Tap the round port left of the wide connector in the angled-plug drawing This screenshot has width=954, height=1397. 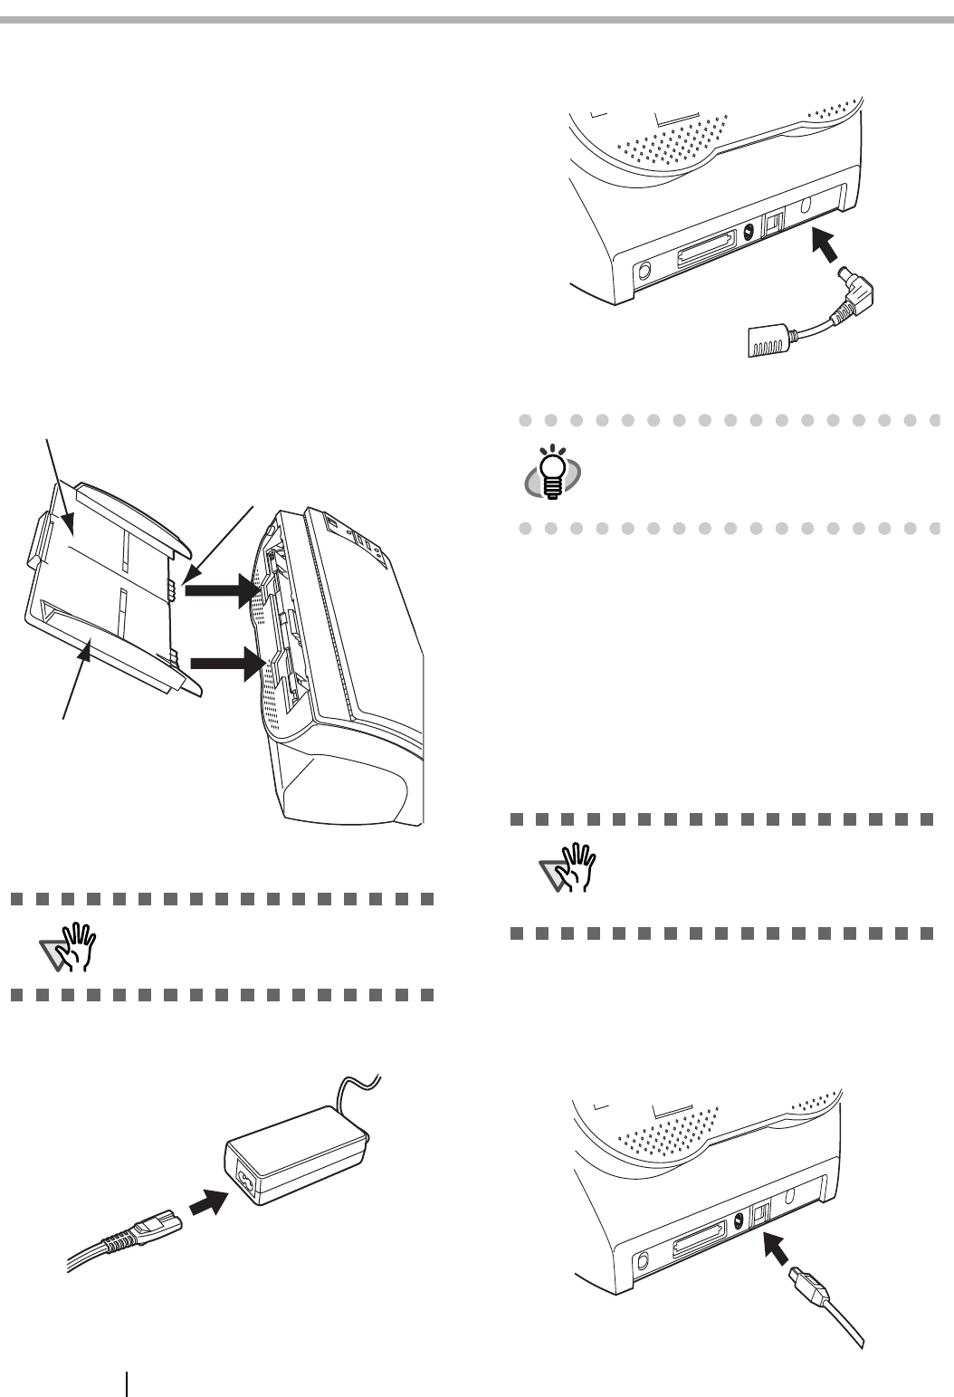(644, 271)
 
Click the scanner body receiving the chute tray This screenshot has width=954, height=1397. (353, 652)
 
